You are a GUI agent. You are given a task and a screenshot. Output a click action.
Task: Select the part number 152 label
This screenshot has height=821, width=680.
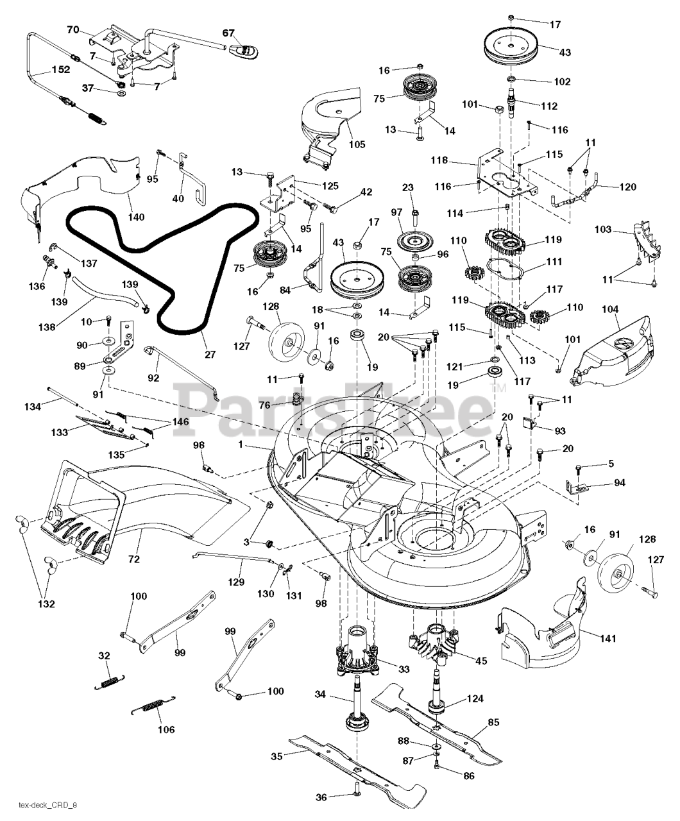click(61, 70)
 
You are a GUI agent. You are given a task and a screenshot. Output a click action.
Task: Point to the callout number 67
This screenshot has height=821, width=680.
click(228, 33)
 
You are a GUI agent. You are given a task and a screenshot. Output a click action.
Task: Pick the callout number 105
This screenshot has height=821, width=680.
click(357, 144)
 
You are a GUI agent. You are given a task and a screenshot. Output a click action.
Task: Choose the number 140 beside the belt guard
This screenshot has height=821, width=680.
click(136, 217)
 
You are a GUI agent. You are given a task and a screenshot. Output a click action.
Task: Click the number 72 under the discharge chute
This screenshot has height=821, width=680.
click(134, 559)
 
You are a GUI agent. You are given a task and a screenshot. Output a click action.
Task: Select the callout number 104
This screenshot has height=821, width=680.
click(610, 309)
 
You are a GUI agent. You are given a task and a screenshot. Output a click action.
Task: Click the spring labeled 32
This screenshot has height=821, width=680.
click(110, 683)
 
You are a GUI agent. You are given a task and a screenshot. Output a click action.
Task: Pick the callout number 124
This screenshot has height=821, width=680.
click(475, 698)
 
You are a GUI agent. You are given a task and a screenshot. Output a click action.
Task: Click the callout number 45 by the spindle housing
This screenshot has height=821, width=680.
click(481, 661)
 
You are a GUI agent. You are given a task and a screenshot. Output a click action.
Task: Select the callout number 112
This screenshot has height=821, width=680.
click(549, 106)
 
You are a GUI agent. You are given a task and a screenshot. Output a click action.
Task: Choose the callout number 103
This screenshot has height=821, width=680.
click(603, 229)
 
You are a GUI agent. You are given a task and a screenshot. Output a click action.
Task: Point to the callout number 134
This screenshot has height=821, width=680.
click(33, 406)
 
